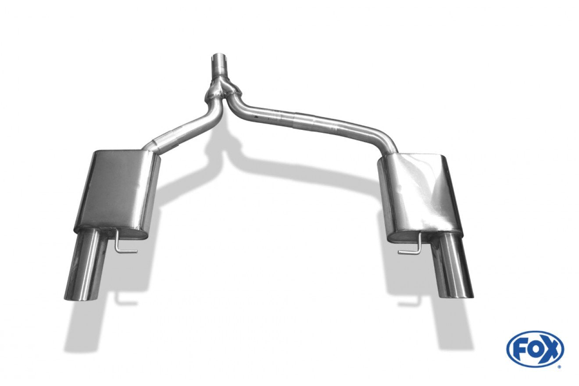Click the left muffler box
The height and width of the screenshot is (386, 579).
[117, 193]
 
